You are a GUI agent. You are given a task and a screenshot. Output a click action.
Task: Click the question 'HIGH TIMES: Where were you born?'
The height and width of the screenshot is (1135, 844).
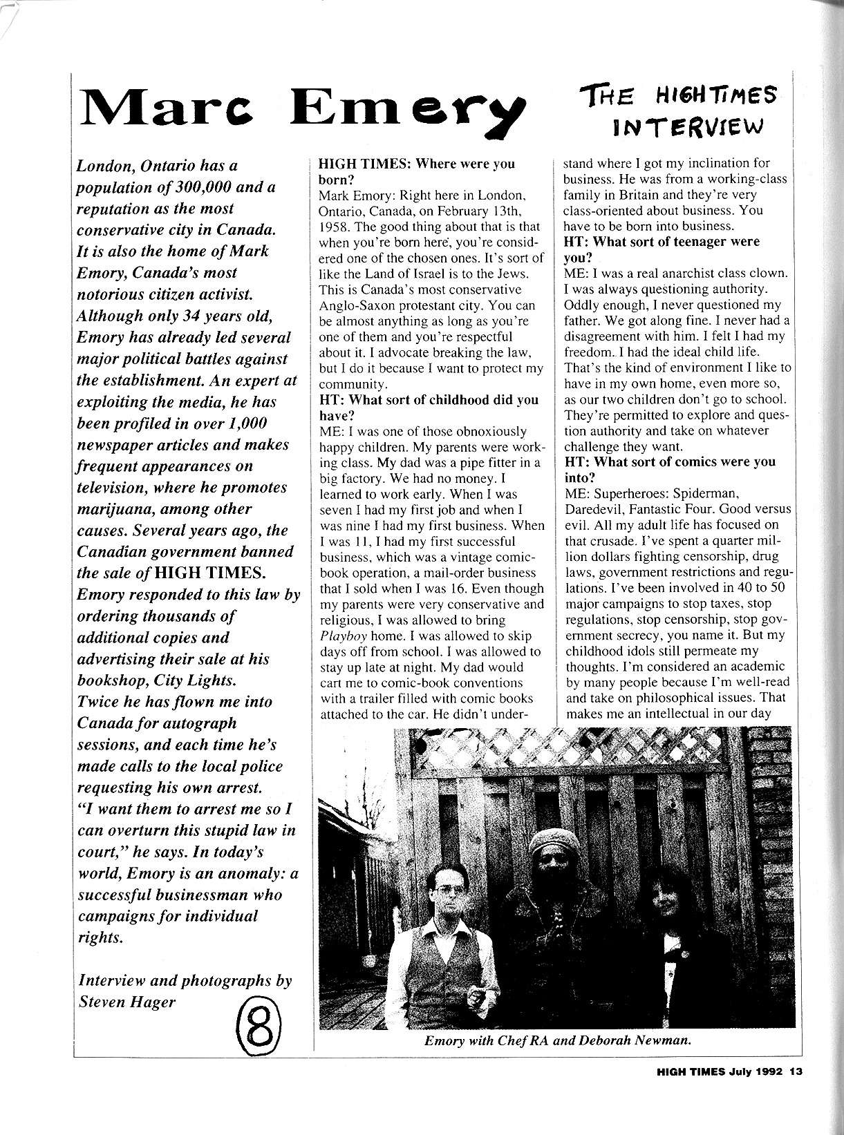(x=416, y=171)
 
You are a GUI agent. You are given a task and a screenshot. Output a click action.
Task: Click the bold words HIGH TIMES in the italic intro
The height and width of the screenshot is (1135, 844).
(x=209, y=573)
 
